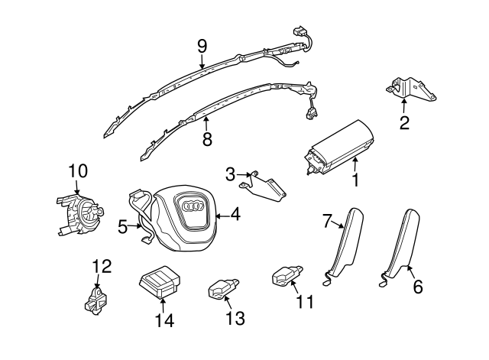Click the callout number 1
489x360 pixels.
tap(355, 182)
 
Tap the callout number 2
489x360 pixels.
tap(404, 122)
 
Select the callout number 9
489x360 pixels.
tap(202, 46)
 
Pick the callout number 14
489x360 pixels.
tap(165, 321)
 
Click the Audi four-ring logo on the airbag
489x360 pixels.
tap(189, 206)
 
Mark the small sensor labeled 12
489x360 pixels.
tap(95, 299)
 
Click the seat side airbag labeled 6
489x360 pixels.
tap(404, 238)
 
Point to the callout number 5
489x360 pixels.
tap(123, 226)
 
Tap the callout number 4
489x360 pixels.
tap(235, 216)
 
